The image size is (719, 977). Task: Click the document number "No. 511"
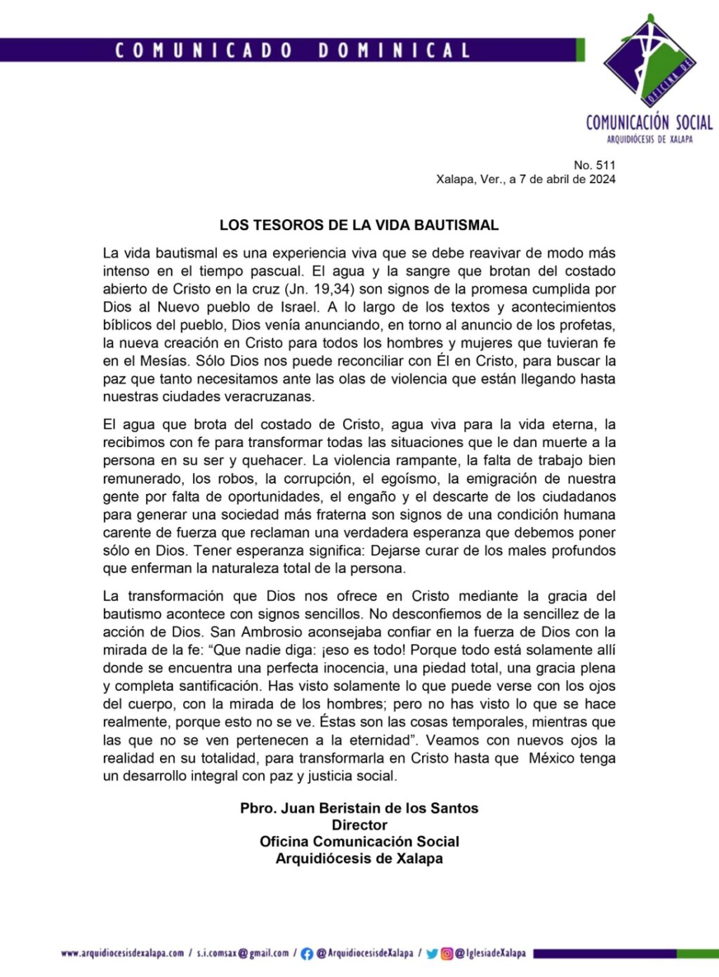click(x=594, y=165)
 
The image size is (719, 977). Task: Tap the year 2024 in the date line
click(x=602, y=179)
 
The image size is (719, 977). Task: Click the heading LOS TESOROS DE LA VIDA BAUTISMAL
click(x=359, y=225)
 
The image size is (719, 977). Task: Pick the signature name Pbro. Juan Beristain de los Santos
click(x=359, y=808)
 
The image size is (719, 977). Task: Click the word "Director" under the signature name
click(x=359, y=825)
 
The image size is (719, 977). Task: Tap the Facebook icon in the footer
click(x=307, y=954)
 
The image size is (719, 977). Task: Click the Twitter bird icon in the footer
click(x=432, y=954)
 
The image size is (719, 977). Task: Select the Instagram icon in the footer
click(x=447, y=954)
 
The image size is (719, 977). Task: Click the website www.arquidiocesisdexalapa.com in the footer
click(x=122, y=953)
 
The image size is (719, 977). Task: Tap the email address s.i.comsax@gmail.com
click(x=242, y=953)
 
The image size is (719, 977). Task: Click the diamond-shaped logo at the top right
click(x=649, y=60)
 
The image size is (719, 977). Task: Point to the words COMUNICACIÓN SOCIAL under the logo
click(x=649, y=123)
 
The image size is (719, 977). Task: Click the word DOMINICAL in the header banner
click(x=394, y=51)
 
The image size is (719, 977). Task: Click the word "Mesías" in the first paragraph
click(x=165, y=361)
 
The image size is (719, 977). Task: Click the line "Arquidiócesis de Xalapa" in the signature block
click(x=359, y=858)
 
